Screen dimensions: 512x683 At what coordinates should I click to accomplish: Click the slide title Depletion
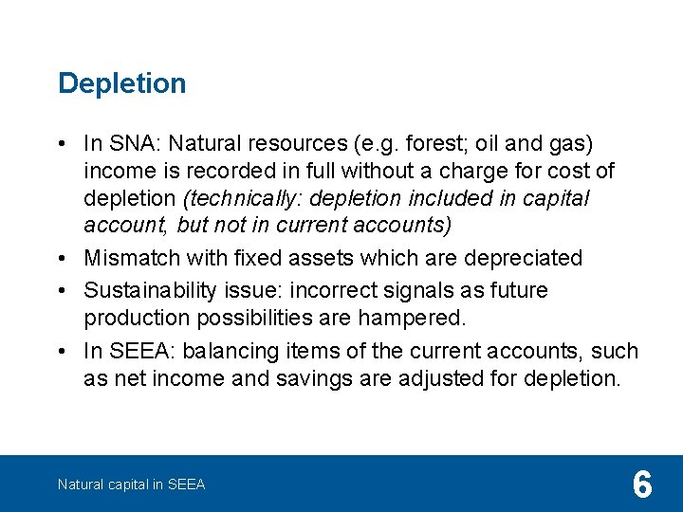(x=121, y=83)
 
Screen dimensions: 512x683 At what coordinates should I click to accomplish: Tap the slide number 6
(x=642, y=485)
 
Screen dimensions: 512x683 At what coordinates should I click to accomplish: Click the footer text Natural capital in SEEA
(x=131, y=485)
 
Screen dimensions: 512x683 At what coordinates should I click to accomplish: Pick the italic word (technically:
(x=244, y=199)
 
